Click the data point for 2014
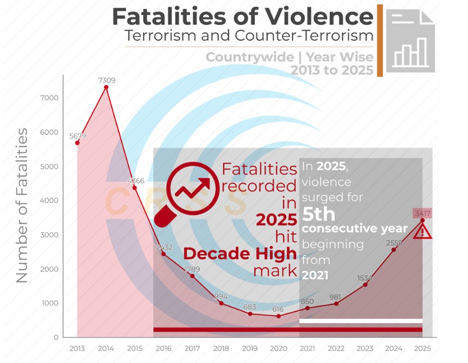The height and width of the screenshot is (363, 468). coord(106,87)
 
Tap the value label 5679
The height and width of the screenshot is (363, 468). coord(77,136)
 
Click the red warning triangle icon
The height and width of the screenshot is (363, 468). coord(422,232)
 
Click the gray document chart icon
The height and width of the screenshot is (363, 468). coord(410,41)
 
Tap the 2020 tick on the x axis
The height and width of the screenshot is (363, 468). coord(279,348)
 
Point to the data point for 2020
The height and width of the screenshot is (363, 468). coord(279,316)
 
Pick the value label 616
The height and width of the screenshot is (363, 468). coord(279,309)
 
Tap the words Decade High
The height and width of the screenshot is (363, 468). coord(239,254)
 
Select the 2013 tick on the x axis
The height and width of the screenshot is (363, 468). coord(77,348)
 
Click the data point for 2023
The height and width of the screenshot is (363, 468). coord(365,285)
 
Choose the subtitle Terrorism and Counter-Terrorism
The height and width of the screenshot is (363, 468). coord(249,37)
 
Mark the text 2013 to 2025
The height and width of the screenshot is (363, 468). coord(332,70)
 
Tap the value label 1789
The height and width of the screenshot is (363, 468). coord(193,269)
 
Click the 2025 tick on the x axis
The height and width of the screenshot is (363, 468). coord(422,348)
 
